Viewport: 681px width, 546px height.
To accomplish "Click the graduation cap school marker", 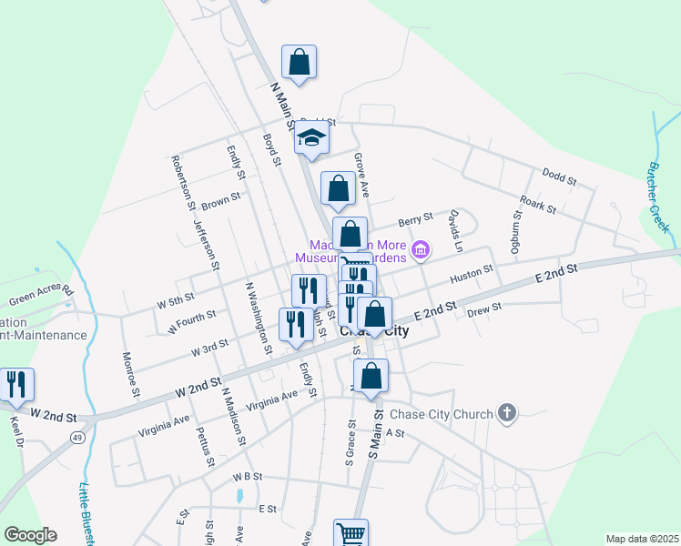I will (311, 139).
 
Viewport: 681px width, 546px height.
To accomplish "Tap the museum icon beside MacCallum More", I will (420, 249).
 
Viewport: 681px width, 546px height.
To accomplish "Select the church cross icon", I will (507, 414).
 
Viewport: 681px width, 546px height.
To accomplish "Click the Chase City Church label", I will (440, 414).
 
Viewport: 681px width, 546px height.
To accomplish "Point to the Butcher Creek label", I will (658, 196).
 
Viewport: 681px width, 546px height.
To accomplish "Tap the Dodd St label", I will (559, 177).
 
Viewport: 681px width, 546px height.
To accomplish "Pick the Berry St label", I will (414, 219).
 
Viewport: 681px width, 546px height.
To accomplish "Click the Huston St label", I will (471, 272).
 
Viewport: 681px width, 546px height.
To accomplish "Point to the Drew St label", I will (483, 310).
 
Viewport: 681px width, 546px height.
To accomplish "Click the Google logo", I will (30, 535).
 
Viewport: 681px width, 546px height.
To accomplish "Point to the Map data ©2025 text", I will (642, 539).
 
